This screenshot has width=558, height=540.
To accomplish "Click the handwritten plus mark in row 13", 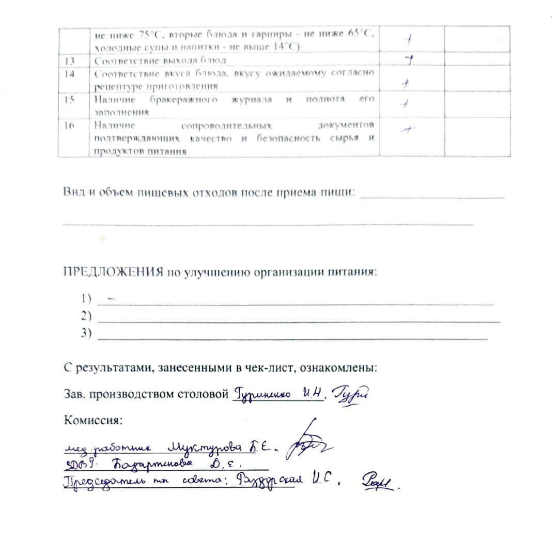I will (x=408, y=61).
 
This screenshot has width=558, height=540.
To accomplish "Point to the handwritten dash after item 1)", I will (x=112, y=299).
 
